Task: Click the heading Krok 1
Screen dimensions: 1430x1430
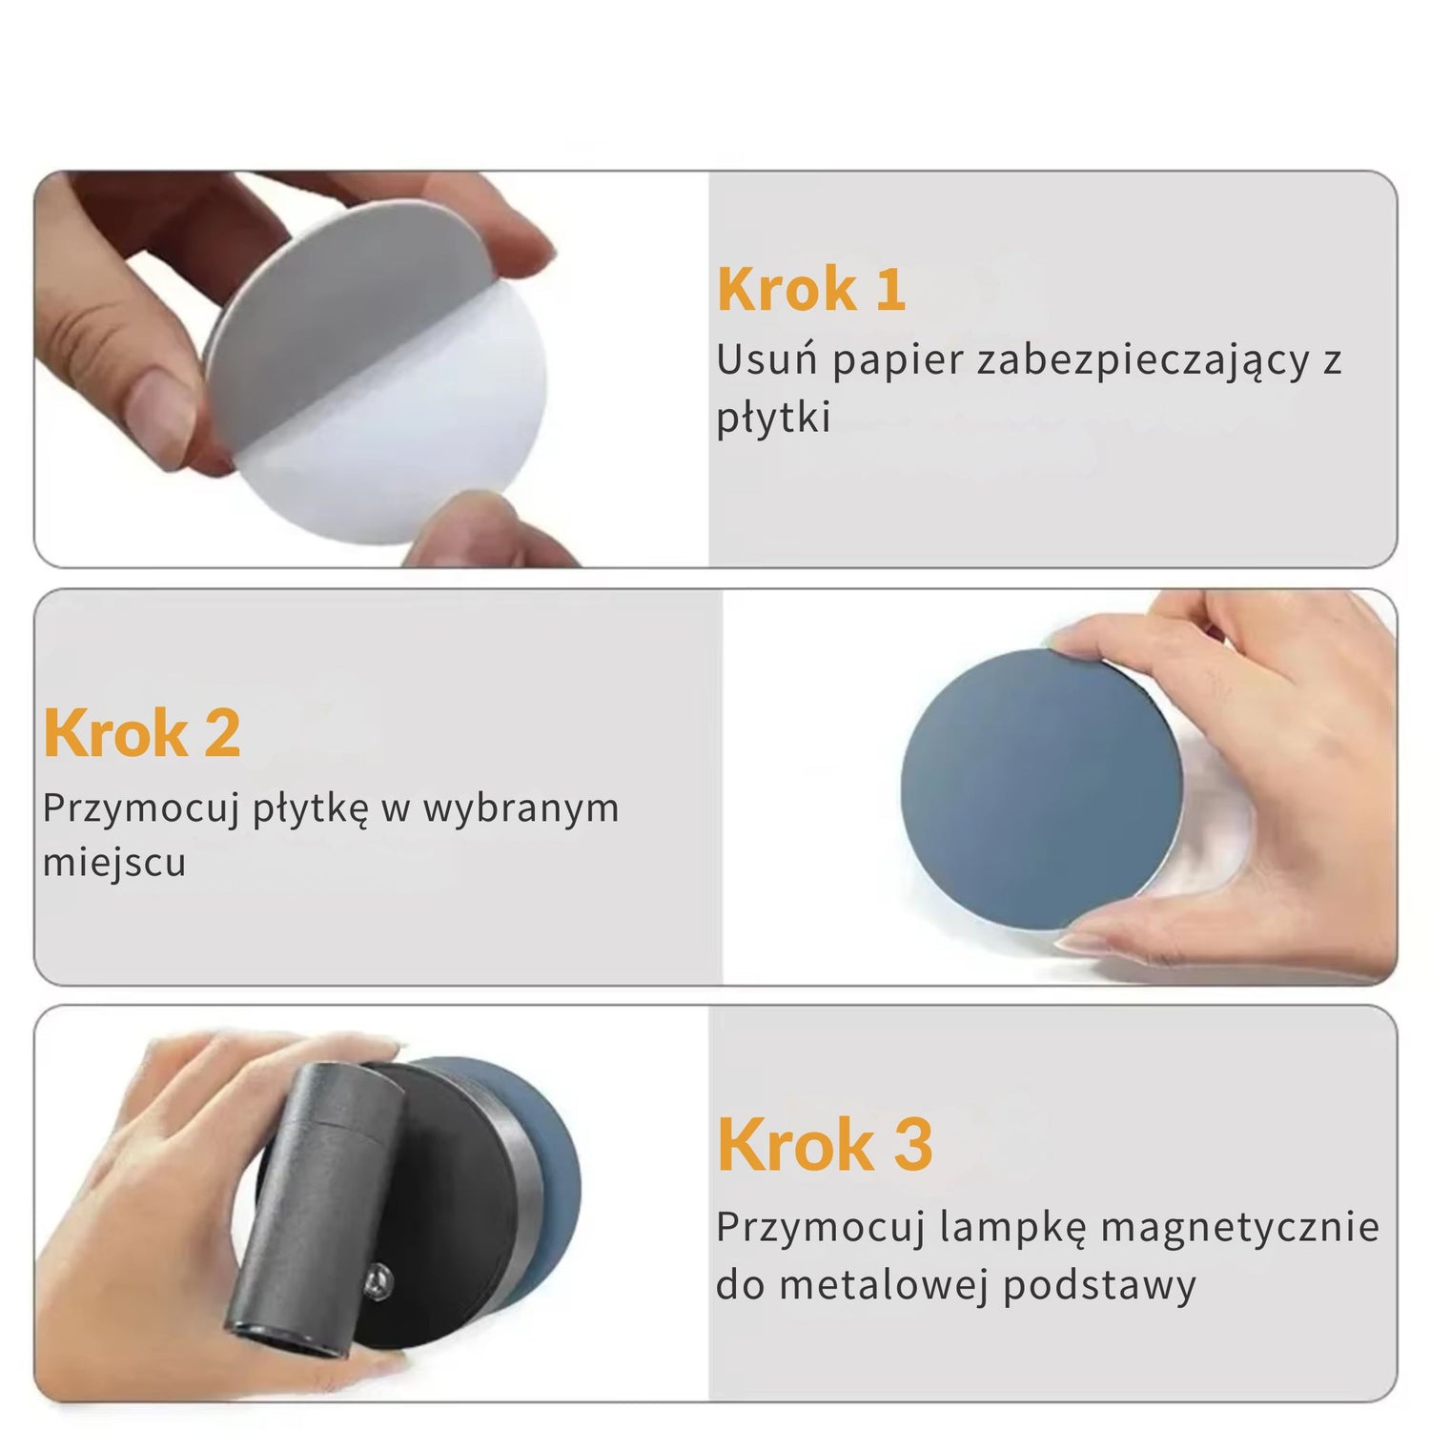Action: pos(811,289)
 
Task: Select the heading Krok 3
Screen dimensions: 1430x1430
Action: pos(825,1144)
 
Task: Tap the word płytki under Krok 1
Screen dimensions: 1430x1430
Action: pos(773,418)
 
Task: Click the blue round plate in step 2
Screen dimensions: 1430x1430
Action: pos(1042,789)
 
